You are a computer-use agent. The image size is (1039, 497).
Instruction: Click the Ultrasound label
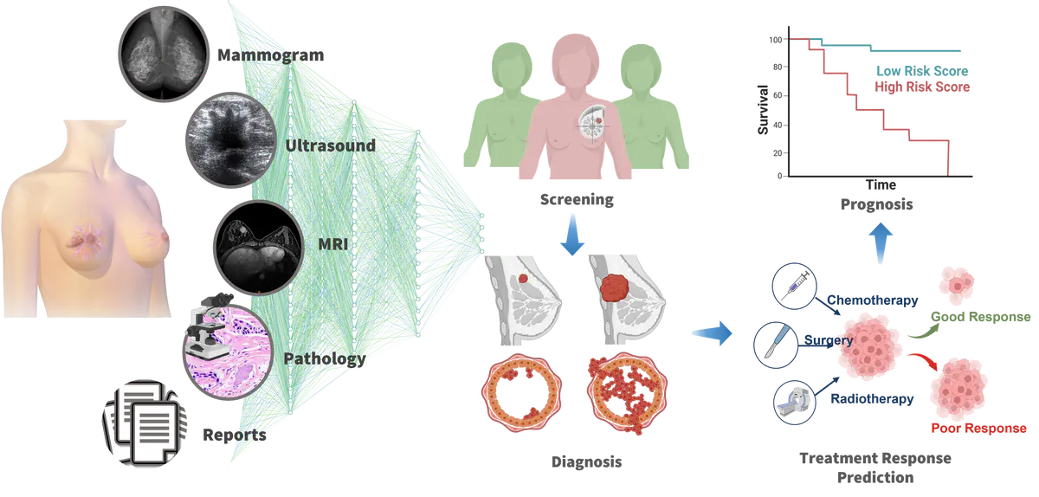click(330, 145)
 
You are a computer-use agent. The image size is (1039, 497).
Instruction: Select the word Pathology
click(325, 358)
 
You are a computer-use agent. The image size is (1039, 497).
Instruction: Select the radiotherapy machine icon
click(793, 401)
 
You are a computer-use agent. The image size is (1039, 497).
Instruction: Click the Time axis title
click(880, 186)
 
